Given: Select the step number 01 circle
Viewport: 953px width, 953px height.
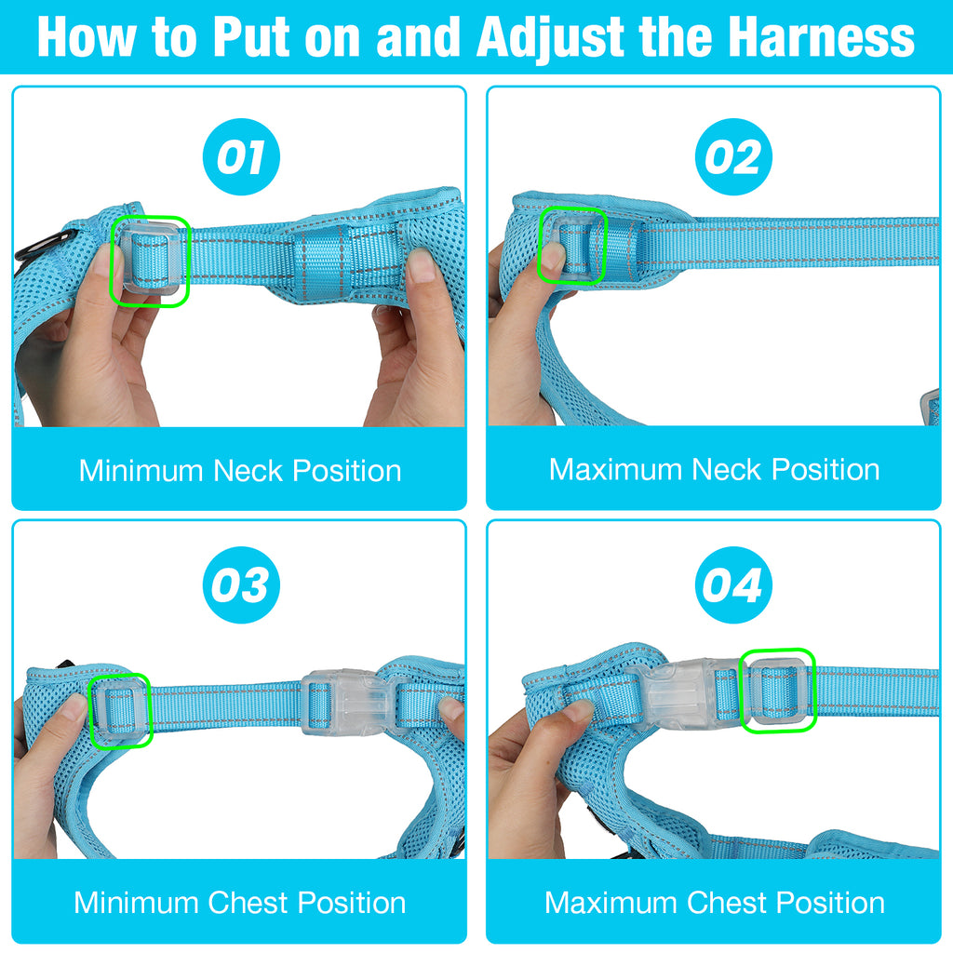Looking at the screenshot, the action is point(241,156).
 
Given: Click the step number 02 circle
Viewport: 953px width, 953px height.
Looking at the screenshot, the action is point(733,156).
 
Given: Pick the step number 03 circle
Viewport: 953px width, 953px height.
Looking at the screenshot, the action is point(241,584).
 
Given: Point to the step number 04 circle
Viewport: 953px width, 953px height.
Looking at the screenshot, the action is point(733,584).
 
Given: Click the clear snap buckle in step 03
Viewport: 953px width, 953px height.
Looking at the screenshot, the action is point(346,703).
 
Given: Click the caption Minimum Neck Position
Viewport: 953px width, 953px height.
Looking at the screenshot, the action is point(240,470).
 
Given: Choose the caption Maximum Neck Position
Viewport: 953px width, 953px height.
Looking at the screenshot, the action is point(714,469).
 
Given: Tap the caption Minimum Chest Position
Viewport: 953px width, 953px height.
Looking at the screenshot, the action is point(240,903).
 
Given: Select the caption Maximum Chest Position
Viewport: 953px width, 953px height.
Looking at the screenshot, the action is point(714,903).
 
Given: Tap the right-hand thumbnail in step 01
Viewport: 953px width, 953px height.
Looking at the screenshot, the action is point(422,264).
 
